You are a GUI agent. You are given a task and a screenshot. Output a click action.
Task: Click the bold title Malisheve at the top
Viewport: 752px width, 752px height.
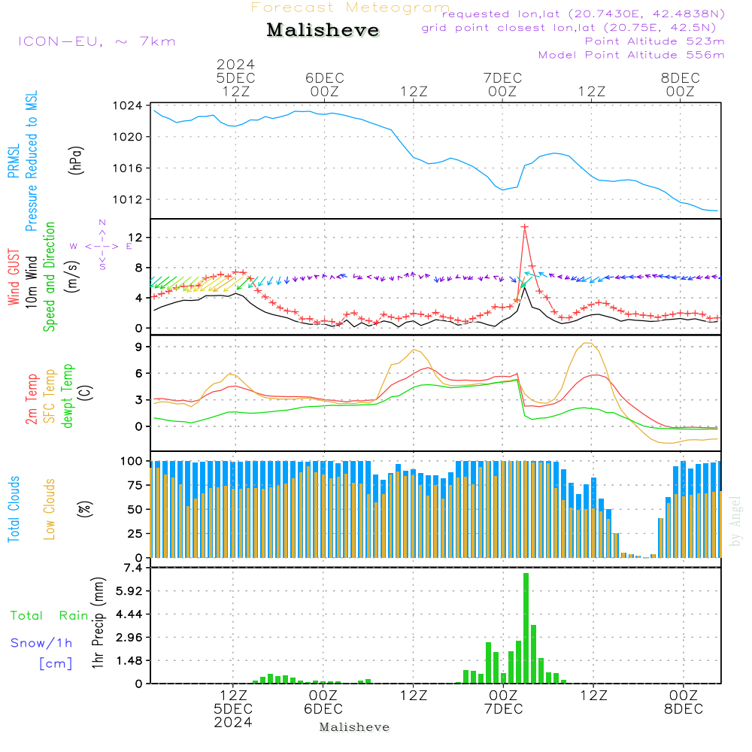323,30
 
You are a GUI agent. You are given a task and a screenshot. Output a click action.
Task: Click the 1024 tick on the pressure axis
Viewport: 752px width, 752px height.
128,105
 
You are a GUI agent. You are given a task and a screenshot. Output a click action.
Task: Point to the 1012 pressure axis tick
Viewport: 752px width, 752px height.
128,199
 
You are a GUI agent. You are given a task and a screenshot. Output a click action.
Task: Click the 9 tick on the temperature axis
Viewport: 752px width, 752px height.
139,347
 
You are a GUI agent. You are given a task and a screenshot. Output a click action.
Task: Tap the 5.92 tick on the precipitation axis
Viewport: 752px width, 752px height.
130,591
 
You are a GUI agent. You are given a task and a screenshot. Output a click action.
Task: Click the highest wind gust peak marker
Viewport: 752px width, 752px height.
525,227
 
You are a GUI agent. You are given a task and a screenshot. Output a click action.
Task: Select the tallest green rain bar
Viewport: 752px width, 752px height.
526,628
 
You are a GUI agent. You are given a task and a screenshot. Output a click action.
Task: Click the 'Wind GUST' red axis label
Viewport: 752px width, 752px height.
14,277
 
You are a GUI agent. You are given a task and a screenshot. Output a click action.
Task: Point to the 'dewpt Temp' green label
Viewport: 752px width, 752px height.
67,396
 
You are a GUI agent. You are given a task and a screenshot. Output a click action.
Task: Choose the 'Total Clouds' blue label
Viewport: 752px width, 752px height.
14,509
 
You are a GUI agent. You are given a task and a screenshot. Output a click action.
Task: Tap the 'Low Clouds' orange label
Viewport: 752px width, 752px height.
50,509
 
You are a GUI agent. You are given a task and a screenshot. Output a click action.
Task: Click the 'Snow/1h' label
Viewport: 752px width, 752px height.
41,643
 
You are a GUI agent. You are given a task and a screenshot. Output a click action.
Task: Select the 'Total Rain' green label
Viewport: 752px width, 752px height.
50,615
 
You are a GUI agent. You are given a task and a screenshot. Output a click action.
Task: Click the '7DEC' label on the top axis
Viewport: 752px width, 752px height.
502,77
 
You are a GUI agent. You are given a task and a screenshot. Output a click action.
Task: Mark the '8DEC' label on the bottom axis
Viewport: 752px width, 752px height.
684,709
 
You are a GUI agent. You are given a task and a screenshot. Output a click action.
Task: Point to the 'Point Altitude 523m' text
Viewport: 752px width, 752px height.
655,41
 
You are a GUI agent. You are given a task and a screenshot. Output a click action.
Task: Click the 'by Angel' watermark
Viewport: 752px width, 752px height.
735,521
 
